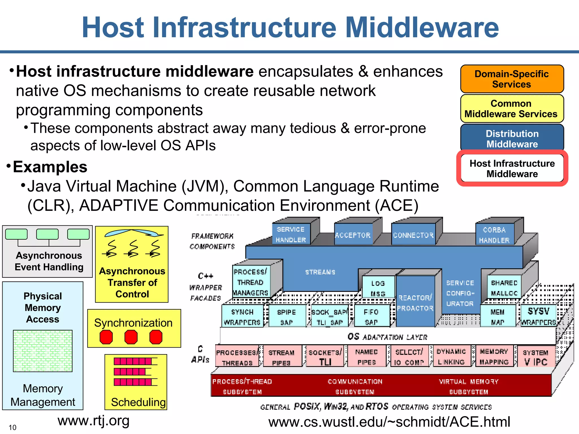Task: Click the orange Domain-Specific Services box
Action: (512, 79)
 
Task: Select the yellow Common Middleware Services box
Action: (512, 108)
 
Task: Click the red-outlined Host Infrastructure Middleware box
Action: (512, 168)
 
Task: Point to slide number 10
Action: (12, 427)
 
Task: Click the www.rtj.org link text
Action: (94, 420)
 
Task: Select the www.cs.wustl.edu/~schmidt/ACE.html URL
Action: (389, 422)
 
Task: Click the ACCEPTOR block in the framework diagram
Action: (353, 235)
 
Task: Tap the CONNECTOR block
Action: (413, 235)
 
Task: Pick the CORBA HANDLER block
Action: (494, 235)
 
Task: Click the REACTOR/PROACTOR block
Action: (415, 303)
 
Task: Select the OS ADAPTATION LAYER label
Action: (387, 337)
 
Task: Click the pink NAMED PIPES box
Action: (366, 357)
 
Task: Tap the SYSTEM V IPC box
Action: (535, 357)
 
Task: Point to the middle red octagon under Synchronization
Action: (131, 337)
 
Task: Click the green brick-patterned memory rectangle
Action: (43, 351)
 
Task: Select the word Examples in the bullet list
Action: (50, 167)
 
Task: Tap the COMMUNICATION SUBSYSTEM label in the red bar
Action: (355, 387)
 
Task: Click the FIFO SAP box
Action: (371, 317)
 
